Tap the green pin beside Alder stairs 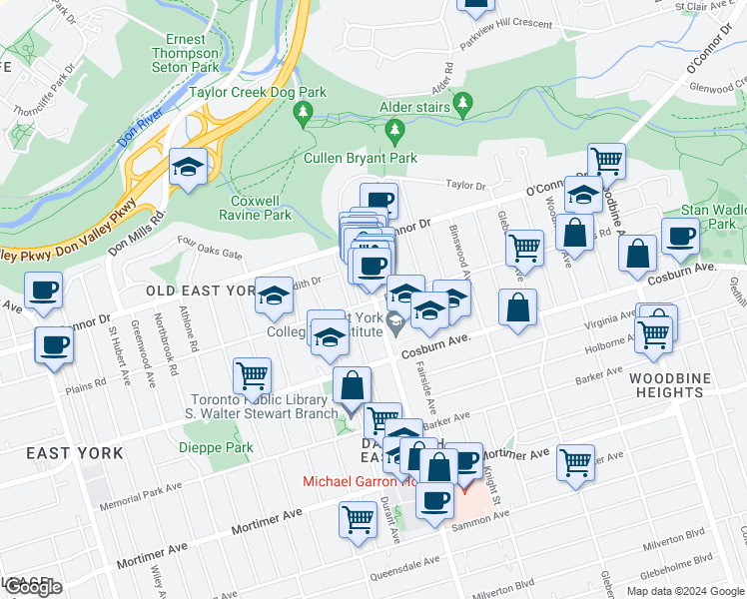pos(461,102)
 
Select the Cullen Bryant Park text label pos(361,158)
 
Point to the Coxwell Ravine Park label pos(255,207)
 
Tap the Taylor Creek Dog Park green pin pos(304,117)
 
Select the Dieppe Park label pos(216,448)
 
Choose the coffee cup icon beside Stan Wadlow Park pos(680,238)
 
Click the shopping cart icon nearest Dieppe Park pos(252,376)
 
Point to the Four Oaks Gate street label pos(210,247)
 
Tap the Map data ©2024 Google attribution pos(685,591)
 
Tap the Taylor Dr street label pos(465,185)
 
